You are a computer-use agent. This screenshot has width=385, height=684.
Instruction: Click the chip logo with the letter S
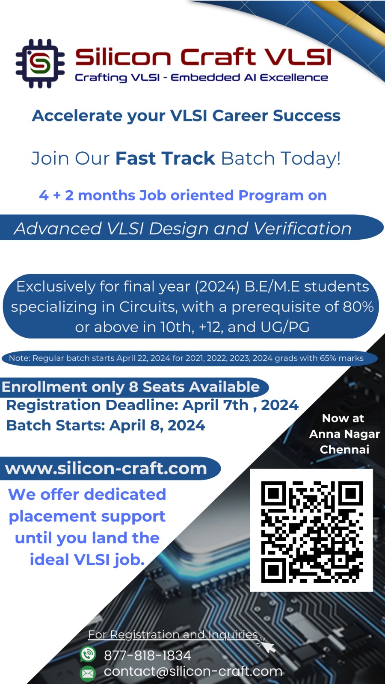[x=40, y=64]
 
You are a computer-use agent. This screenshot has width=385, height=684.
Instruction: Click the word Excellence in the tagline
[x=294, y=77]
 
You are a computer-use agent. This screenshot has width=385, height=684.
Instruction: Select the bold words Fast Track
[x=165, y=158]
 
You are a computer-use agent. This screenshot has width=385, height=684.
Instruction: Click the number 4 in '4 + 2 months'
[x=44, y=195]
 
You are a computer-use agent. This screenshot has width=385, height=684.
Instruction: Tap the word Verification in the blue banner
[x=303, y=228]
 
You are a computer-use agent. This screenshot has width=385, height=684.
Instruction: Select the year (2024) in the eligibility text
[x=217, y=287]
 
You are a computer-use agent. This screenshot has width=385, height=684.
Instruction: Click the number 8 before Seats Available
[x=133, y=387]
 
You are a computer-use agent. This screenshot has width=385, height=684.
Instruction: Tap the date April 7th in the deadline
[x=216, y=405]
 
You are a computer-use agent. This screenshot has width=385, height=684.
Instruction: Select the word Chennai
[x=344, y=449]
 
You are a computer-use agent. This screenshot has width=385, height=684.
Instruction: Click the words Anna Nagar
[x=344, y=434]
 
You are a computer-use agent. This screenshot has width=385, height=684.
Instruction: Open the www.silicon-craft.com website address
[x=106, y=469]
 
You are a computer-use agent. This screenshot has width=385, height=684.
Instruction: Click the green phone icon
[x=88, y=654]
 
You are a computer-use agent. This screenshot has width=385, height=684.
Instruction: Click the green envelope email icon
[x=88, y=673]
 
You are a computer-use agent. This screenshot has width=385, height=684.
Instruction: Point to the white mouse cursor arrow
[x=267, y=645]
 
